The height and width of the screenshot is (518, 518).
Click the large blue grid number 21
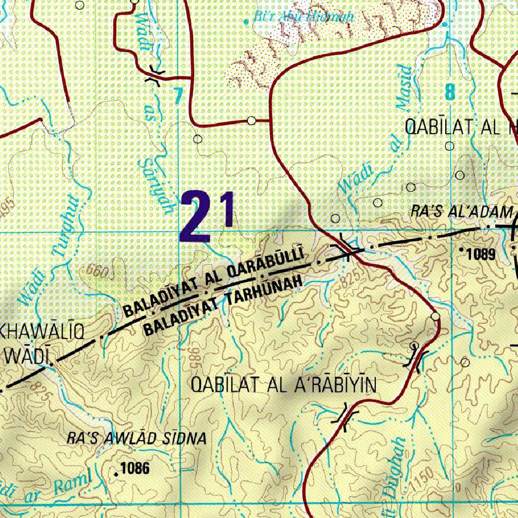coord(207,216)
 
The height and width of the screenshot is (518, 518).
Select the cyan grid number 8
coord(450,93)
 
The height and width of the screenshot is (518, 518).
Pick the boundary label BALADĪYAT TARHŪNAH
coord(223,306)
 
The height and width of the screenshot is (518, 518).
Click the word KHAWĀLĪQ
coord(48,333)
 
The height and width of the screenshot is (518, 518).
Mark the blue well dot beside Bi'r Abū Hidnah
coord(247,21)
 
